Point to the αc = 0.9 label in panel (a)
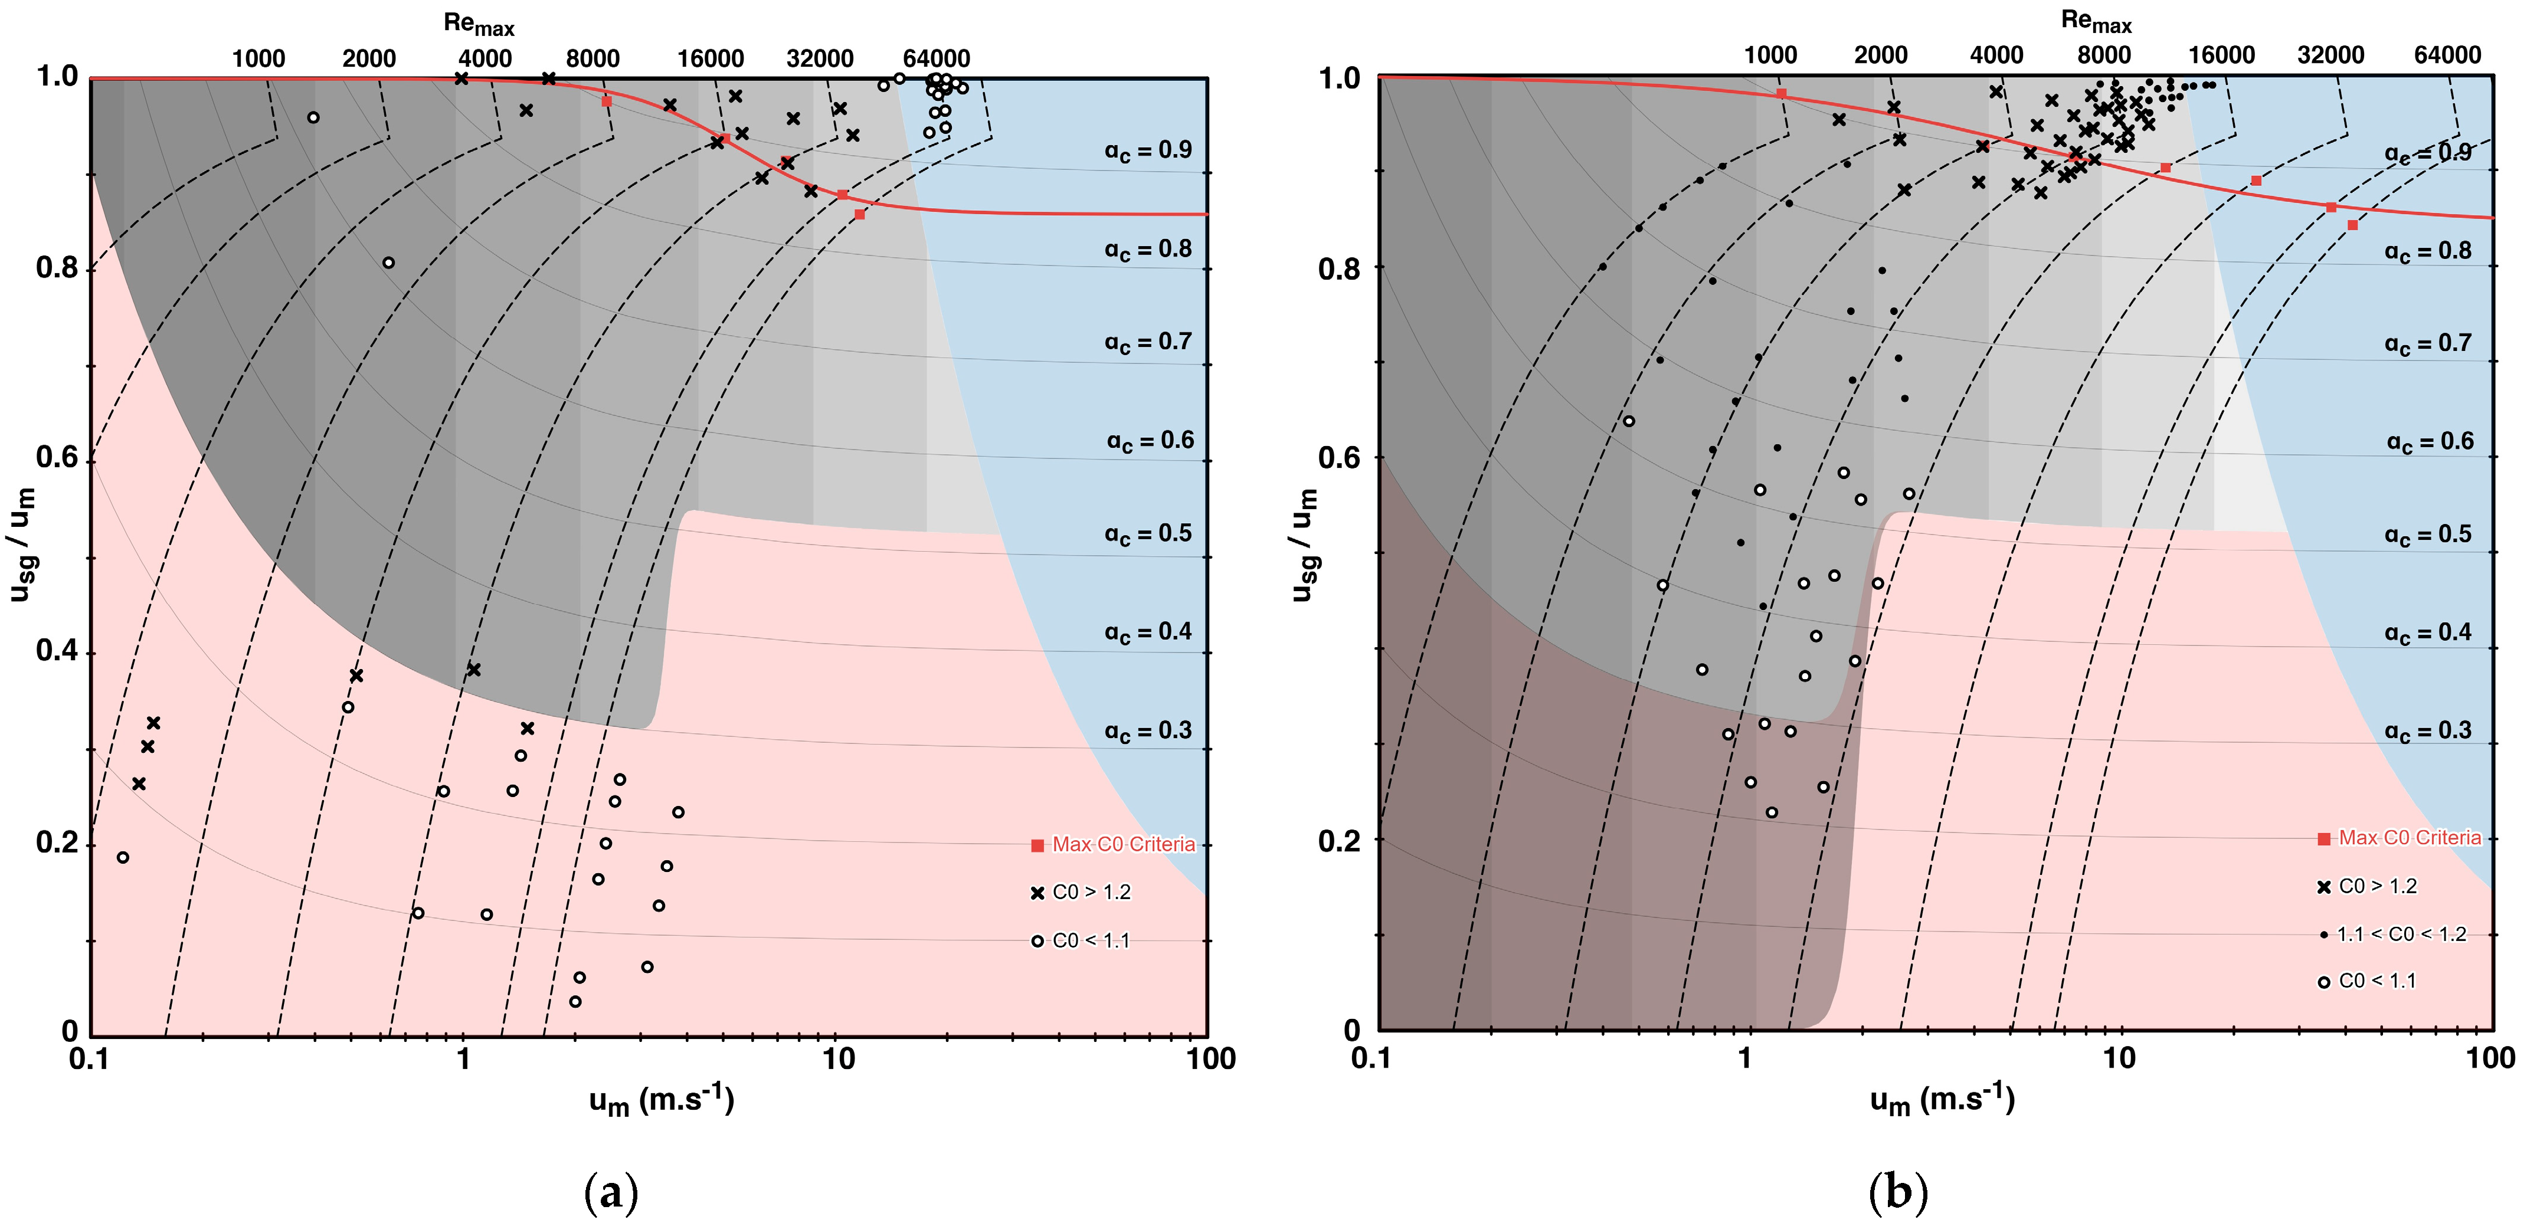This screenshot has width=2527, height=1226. [x=1148, y=150]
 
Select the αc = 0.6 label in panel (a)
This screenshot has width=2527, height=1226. [x=1150, y=440]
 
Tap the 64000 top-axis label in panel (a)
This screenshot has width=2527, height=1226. [x=936, y=59]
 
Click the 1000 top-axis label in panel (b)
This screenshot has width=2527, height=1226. [x=1770, y=55]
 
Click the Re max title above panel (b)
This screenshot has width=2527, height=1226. [x=2096, y=21]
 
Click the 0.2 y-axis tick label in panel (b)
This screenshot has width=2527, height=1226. [x=1339, y=840]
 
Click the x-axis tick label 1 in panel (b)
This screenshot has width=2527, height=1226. [x=1744, y=1058]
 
